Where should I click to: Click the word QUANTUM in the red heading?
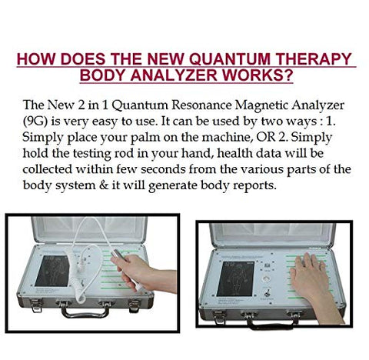229,58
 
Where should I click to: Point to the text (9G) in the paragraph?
35,121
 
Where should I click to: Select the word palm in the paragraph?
145,138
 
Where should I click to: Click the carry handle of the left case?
85,312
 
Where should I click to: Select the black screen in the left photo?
52,271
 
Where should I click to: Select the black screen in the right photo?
235,278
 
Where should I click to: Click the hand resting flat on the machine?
311,278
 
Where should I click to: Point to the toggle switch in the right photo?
267,293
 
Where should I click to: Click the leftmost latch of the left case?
35,305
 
